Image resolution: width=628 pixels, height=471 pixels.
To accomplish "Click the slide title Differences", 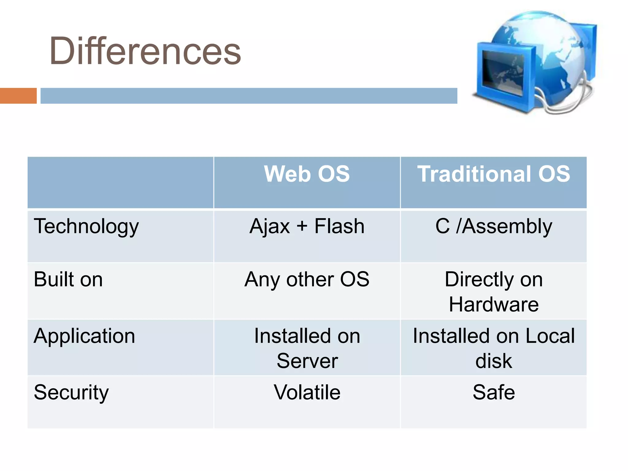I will tap(145, 51).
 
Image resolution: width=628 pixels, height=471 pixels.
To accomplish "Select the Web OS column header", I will tap(307, 174).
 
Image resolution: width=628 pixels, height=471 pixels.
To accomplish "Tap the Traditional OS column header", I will tap(493, 174).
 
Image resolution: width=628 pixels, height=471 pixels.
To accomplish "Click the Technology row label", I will tap(86, 227).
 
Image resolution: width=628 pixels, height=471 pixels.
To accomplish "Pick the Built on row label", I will tap(68, 279).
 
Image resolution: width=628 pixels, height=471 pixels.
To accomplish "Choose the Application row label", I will tap(84, 336).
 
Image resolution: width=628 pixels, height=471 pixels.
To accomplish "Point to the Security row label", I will tap(71, 392).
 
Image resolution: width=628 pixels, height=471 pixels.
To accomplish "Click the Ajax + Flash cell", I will tap(307, 227).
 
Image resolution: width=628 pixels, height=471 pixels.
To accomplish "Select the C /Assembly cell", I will tap(493, 227).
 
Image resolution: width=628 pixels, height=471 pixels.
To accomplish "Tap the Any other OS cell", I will tap(307, 279).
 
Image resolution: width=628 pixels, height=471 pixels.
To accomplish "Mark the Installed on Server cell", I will tap(307, 348).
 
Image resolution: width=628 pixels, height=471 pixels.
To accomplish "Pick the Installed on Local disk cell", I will tap(493, 348).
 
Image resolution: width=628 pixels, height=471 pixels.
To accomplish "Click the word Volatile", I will tap(307, 392).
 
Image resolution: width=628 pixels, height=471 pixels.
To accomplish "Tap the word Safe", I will tap(493, 392).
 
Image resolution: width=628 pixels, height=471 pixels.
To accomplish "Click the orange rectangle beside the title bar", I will tap(18, 96).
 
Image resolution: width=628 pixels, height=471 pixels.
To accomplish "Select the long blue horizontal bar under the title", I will tap(249, 96).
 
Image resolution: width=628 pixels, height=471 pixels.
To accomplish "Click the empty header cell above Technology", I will tap(120, 182).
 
